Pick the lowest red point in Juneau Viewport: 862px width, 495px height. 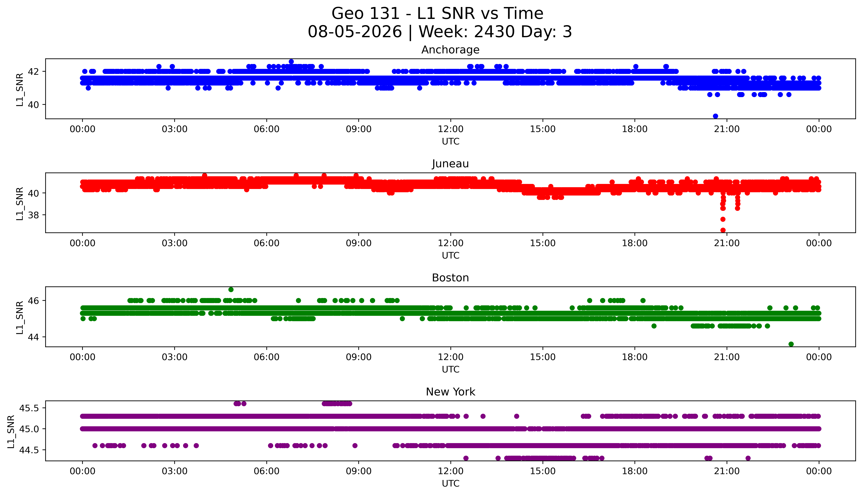tap(723, 230)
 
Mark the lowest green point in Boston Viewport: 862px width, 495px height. tap(791, 344)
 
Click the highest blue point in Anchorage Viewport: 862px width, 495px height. tap(291, 62)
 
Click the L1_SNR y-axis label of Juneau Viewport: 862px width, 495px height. tap(20, 203)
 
